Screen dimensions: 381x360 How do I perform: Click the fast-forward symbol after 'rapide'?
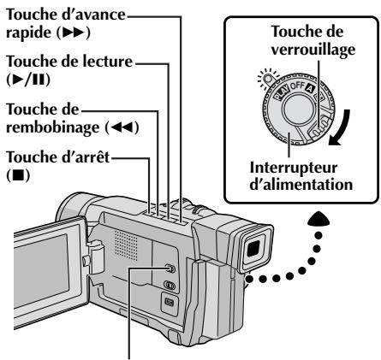tap(74, 33)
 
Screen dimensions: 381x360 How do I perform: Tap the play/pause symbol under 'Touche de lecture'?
tap(28, 80)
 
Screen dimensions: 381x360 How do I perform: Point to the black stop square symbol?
tap(18, 176)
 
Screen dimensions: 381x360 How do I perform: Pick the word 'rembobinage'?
tap(52, 127)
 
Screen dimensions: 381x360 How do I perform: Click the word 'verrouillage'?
tap(313, 50)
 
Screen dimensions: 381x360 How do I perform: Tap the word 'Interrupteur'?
tap(294, 168)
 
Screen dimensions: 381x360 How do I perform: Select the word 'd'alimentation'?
tap(301, 185)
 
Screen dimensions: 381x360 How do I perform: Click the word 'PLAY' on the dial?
tap(281, 92)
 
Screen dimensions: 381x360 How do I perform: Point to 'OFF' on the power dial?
tap(297, 85)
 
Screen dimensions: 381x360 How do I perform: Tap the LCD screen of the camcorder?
tap(40, 271)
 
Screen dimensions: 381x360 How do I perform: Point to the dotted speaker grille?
tap(126, 245)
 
